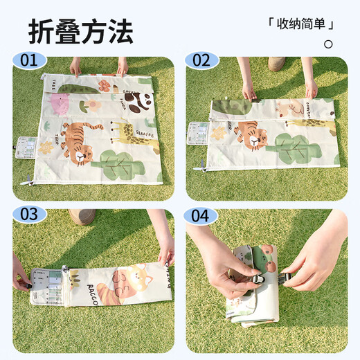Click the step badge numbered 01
[28, 61]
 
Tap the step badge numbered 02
[201, 61]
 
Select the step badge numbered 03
[28, 214]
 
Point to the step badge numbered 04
[201, 214]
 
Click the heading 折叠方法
[80, 31]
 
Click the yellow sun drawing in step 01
[47, 147]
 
